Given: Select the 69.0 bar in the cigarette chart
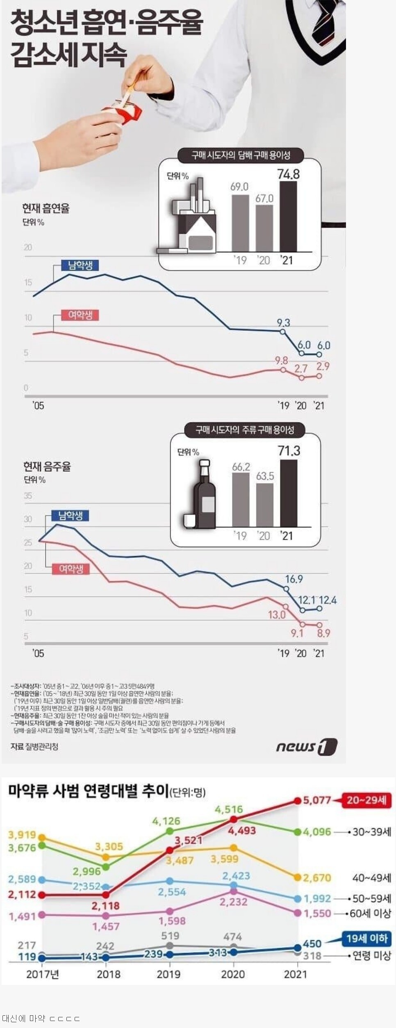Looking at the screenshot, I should click(x=240, y=222).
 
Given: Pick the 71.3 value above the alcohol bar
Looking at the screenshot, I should click(x=289, y=451).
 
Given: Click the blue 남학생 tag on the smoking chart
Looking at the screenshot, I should click(x=80, y=265).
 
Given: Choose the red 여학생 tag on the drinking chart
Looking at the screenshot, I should click(x=71, y=569).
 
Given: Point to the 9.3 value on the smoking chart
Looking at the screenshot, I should click(x=283, y=323).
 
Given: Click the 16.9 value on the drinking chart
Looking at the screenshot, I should click(x=294, y=579).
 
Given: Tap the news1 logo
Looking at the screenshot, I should click(x=306, y=747).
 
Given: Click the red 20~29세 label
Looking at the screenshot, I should click(x=366, y=800).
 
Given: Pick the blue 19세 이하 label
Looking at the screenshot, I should click(x=366, y=938).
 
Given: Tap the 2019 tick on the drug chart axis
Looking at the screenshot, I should click(x=168, y=974).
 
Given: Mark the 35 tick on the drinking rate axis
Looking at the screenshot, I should click(x=28, y=496).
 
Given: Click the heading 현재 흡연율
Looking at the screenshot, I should click(x=46, y=208).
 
